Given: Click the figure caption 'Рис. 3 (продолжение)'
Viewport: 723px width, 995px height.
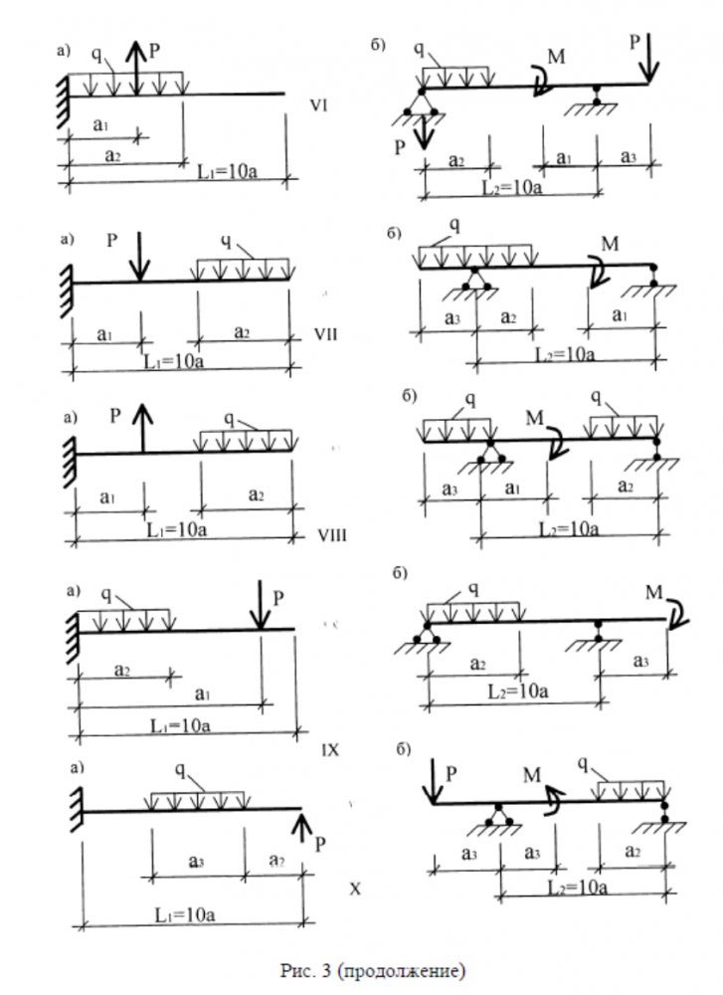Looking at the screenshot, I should [x=372, y=968].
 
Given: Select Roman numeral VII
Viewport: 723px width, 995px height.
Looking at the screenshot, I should [x=324, y=334].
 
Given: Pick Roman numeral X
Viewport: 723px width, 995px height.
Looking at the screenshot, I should [x=355, y=889].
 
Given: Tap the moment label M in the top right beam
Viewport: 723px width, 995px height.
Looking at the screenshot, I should [x=557, y=57].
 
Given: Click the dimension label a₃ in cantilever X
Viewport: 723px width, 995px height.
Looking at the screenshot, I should [x=197, y=857].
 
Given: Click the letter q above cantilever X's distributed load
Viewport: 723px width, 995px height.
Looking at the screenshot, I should [x=179, y=770].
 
